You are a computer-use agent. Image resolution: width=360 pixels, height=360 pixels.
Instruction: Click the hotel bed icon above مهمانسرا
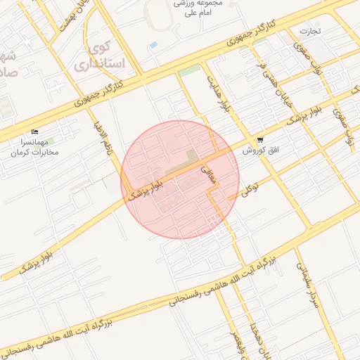(x=36, y=132)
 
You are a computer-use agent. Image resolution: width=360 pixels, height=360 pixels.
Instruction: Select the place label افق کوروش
(x=262, y=150)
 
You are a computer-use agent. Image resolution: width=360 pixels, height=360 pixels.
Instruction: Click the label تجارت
(x=310, y=32)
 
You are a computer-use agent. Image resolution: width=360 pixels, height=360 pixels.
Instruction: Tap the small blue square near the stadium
(x=153, y=45)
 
